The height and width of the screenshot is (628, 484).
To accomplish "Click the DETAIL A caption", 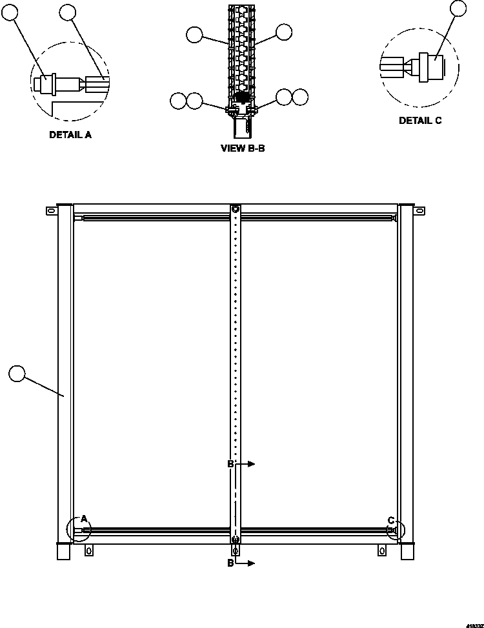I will (70, 136).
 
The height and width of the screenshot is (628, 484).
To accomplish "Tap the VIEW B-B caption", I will (243, 148).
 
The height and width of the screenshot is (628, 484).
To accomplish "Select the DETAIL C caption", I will (420, 121).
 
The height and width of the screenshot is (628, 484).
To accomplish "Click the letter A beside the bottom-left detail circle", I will (83, 518).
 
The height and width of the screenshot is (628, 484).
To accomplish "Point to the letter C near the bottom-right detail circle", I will (390, 520).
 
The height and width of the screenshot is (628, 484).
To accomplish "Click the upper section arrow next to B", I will (248, 463).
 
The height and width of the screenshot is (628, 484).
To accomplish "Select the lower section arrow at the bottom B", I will (248, 563).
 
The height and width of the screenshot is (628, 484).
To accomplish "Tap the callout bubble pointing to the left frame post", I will (17, 373).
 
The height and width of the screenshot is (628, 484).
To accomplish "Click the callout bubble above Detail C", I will (458, 8).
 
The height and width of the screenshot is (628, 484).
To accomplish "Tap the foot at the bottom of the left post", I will (63, 552).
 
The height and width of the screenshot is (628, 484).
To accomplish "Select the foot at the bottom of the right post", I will (407, 552).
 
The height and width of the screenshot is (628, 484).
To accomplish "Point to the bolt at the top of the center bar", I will (235, 210).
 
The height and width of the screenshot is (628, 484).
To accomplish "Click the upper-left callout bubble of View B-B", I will (194, 35).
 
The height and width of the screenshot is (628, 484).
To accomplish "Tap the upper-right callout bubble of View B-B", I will (283, 32).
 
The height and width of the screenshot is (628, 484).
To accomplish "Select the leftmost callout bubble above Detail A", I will (8, 12).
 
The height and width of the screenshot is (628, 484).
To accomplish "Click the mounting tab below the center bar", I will (235, 551).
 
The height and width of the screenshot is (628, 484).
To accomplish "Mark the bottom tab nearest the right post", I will (382, 551).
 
